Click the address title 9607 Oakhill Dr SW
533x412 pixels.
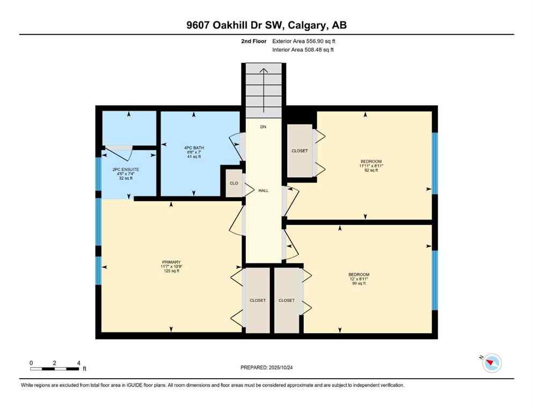tap(266, 26)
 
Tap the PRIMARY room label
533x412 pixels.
tap(171, 262)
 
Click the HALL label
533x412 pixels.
tap(263, 190)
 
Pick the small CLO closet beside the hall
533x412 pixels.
tap(234, 183)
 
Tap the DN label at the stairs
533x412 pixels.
tap(263, 127)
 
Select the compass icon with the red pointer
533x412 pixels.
tap(492, 363)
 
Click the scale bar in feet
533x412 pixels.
tap(55, 369)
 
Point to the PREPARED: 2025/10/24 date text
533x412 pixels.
tap(266, 367)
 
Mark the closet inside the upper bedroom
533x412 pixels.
tap(300, 151)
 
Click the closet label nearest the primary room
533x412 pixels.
tap(258, 300)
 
